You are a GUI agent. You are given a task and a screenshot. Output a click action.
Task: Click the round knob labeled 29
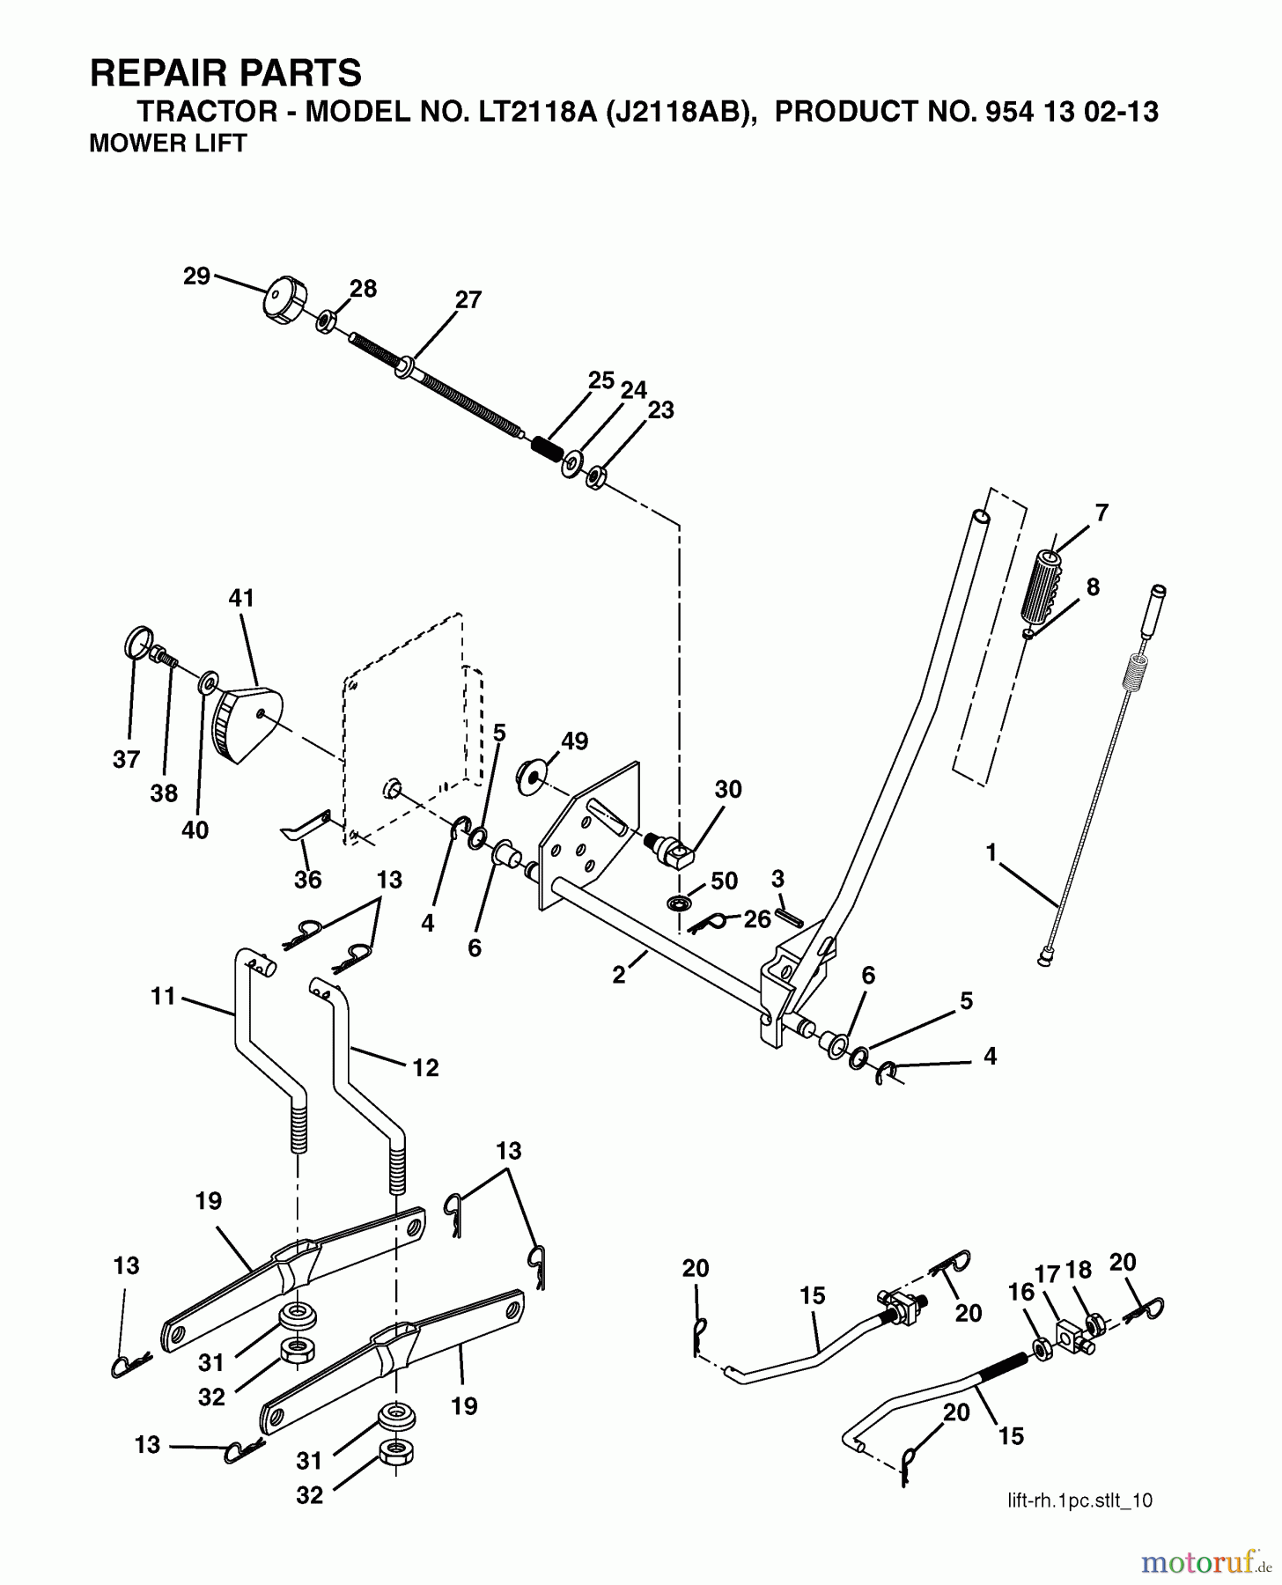[284, 299]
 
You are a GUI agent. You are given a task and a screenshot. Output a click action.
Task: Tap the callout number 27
[468, 299]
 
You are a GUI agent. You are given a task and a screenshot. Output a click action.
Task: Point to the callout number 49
[574, 741]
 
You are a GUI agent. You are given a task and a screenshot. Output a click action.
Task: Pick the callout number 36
[308, 879]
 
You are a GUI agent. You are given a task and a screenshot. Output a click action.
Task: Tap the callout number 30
[728, 789]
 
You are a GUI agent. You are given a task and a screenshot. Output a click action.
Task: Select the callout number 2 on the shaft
[619, 975]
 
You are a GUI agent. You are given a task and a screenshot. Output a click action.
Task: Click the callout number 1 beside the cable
[991, 852]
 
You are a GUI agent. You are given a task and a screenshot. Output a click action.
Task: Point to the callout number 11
[163, 997]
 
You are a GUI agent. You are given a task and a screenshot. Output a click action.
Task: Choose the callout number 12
[425, 1067]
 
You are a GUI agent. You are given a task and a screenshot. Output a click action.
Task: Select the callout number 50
[723, 881]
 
